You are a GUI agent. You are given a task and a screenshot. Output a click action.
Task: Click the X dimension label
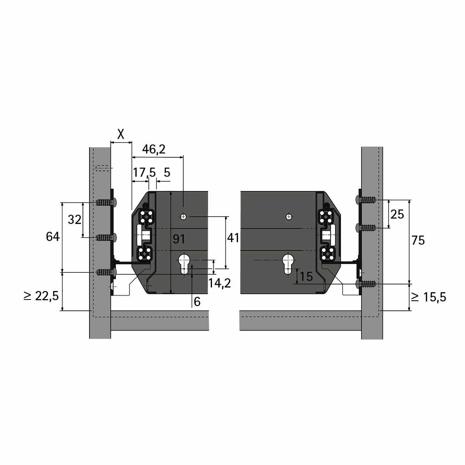coord(121,134)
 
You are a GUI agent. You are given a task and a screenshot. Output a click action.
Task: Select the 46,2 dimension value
coord(154,149)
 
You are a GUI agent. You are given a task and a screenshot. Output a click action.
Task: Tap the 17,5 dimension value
coord(144,172)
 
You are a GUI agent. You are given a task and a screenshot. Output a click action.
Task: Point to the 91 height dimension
coord(179,239)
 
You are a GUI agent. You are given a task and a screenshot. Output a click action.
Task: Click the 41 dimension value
coord(233,238)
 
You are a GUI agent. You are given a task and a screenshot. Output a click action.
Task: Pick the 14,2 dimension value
coord(219,283)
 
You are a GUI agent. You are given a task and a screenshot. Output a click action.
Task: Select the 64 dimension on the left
coord(53,237)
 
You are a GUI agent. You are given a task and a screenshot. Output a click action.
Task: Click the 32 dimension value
coord(74,220)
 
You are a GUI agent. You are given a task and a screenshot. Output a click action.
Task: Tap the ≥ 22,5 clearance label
coord(41,296)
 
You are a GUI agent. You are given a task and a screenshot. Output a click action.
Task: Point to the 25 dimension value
coord(397,214)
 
